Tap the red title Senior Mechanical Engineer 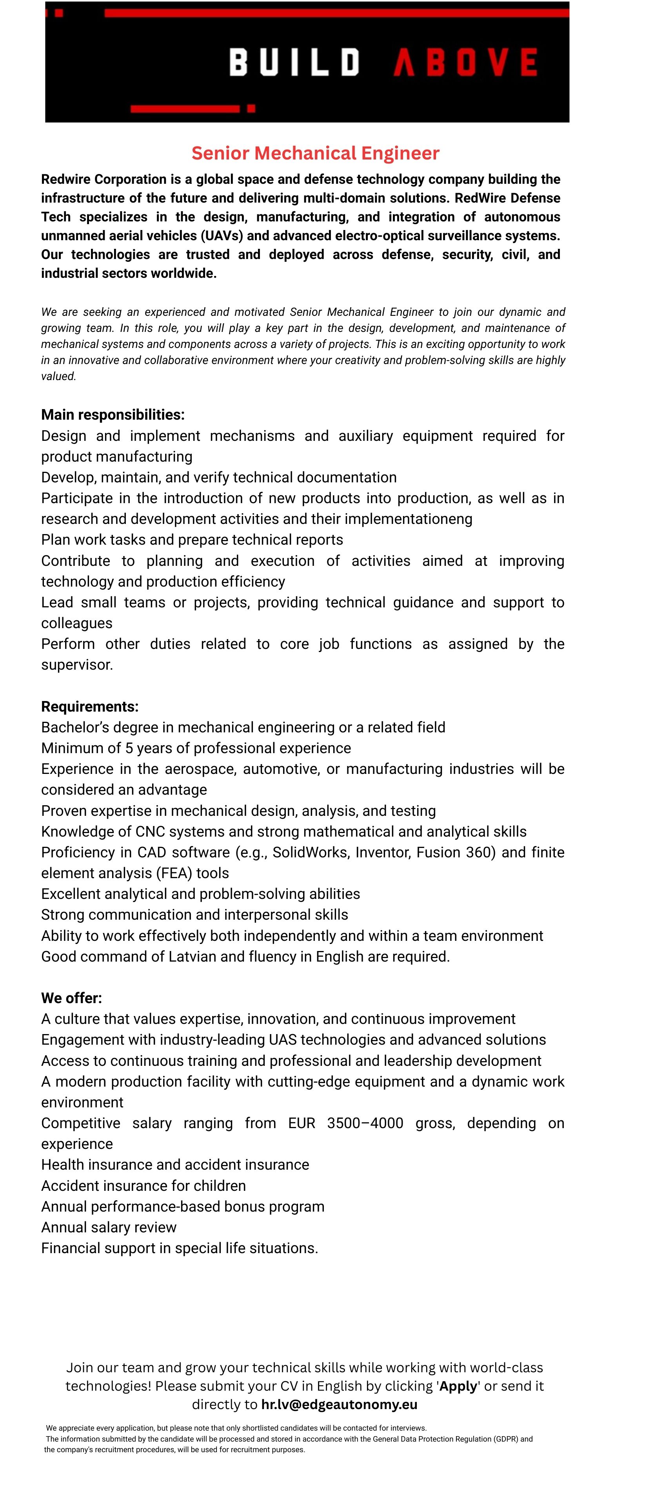pyautogui.click(x=316, y=154)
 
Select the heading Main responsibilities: pyautogui.click(x=113, y=415)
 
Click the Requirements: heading pyautogui.click(x=90, y=706)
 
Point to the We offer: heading pyautogui.click(x=71, y=998)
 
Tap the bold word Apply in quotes pyautogui.click(x=458, y=1386)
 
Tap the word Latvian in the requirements pyautogui.click(x=193, y=956)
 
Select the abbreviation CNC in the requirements pyautogui.click(x=151, y=832)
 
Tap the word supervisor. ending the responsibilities pyautogui.click(x=77, y=665)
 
